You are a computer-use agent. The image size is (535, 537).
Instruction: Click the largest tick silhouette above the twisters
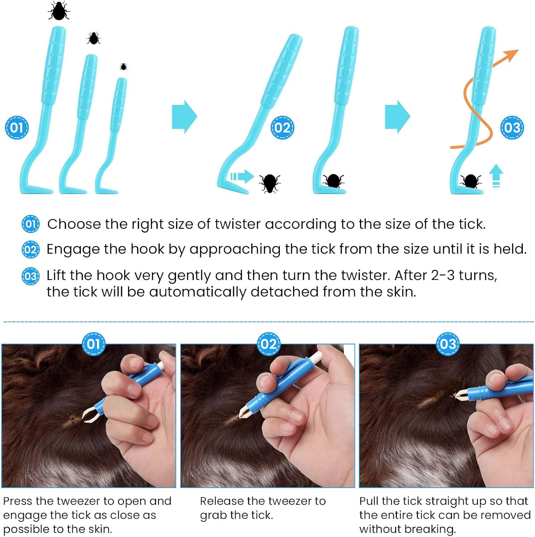59,11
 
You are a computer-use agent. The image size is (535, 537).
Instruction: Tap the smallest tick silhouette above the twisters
123,67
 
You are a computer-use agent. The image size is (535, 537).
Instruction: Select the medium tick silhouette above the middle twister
94,38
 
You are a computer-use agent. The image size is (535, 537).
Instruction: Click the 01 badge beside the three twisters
16,128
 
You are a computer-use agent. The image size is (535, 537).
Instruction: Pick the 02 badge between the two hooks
282,128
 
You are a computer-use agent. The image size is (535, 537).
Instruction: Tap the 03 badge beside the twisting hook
512,128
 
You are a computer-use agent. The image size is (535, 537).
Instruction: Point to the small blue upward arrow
496,175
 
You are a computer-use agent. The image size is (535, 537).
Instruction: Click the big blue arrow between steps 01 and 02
185,117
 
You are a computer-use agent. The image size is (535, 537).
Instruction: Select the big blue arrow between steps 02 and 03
398,117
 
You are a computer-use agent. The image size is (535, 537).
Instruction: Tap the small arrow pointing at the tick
242,176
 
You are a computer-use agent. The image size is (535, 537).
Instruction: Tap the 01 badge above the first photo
93,344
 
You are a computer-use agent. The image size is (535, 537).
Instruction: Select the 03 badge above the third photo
448,344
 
